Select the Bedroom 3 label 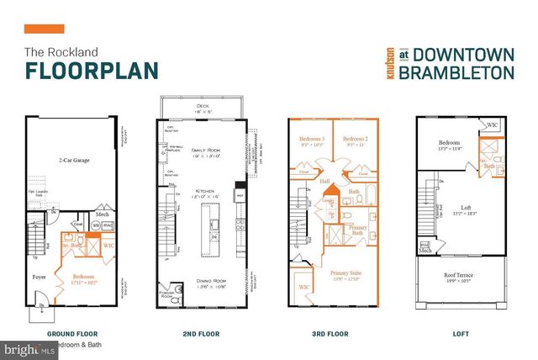310,140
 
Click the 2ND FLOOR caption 201,333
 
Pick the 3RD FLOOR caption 330,333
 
